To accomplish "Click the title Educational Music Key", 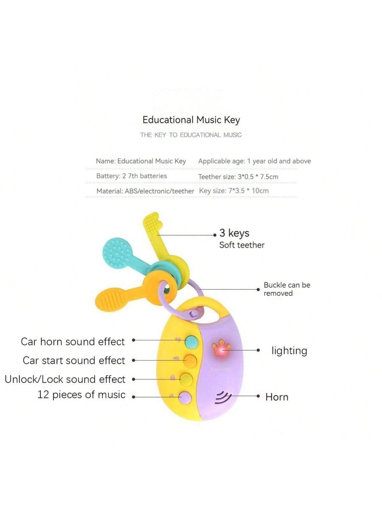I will tap(191, 120).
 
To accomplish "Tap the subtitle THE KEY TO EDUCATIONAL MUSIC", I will tap(191, 135).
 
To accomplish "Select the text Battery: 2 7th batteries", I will tap(132, 176).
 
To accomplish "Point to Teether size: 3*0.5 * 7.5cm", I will tap(238, 176).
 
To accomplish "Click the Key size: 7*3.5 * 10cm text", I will tap(233, 190).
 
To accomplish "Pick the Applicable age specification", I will tap(254, 161).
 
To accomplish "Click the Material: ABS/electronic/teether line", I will tap(145, 191).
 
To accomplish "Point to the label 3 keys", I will tap(234, 233).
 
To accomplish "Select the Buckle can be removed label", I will tap(286, 289).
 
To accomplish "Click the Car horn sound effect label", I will tap(73, 342).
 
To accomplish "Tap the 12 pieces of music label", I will tap(81, 394).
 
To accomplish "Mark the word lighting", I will tap(289, 351).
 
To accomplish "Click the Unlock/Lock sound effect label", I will tap(65, 379).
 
